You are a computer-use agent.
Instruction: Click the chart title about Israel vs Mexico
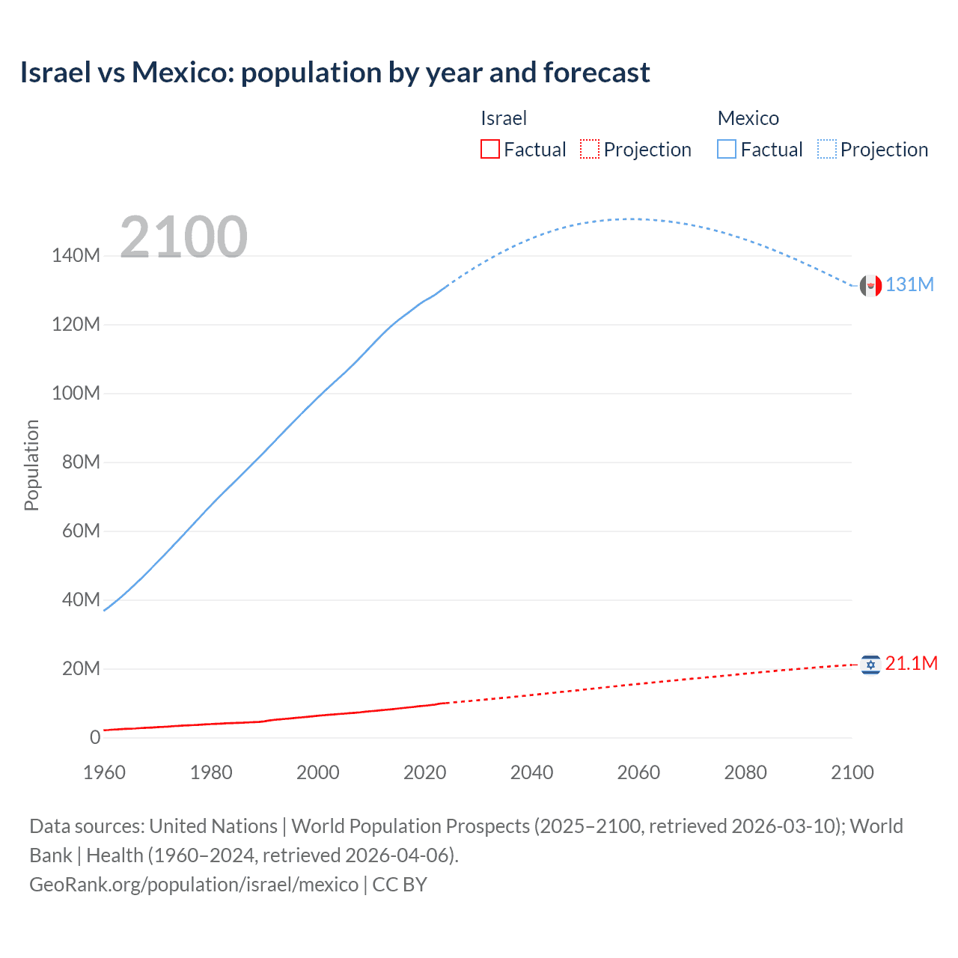pyautogui.click(x=335, y=73)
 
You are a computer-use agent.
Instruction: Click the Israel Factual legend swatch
pyautogui.click(x=489, y=150)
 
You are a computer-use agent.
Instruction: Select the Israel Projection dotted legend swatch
pyautogui.click(x=590, y=150)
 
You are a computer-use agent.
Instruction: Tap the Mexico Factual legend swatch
pyautogui.click(x=727, y=150)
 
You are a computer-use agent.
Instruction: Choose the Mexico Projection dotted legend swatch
pyautogui.click(x=827, y=150)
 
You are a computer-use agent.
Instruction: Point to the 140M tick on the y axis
pyautogui.click(x=76, y=256)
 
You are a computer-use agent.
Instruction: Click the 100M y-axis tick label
pyautogui.click(x=76, y=394)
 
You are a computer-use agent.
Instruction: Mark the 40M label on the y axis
pyautogui.click(x=80, y=599)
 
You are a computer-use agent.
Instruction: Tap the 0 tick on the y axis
pyautogui.click(x=95, y=737)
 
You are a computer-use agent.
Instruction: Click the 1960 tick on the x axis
pyautogui.click(x=104, y=772)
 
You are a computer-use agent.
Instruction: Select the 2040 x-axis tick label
pyautogui.click(x=531, y=772)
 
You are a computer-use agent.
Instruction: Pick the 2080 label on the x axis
pyautogui.click(x=745, y=772)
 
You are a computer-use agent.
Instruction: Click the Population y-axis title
pyautogui.click(x=31, y=465)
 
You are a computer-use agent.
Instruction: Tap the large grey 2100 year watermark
pyautogui.click(x=183, y=237)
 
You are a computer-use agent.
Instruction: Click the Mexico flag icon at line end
pyautogui.click(x=870, y=285)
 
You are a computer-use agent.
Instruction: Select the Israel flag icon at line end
pyautogui.click(x=870, y=665)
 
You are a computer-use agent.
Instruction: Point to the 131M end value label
pyautogui.click(x=909, y=285)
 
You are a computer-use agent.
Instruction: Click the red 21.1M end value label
pyautogui.click(x=911, y=664)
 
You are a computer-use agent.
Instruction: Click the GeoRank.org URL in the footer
pyautogui.click(x=194, y=885)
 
